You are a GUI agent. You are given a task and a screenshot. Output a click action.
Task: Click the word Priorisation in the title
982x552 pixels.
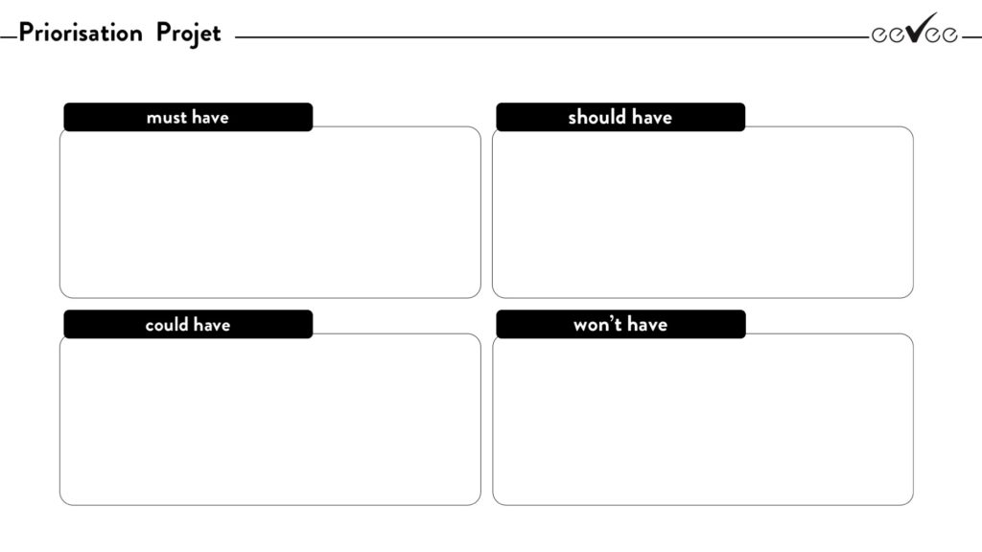point(81,33)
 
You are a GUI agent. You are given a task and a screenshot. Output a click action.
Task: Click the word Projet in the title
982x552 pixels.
point(189,34)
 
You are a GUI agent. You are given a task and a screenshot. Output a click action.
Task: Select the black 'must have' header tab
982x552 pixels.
point(188,117)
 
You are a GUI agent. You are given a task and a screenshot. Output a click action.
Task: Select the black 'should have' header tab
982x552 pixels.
point(620,117)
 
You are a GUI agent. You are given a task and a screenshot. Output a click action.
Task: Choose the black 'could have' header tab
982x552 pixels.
point(188,324)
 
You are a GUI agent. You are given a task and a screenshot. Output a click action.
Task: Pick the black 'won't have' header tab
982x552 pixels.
point(620,324)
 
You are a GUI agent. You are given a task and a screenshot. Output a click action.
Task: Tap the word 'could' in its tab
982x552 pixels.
point(167,324)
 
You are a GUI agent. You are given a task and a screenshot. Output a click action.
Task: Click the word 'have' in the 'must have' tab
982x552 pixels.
point(211,117)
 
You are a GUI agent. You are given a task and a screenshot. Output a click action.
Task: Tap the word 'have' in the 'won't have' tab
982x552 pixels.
point(647,324)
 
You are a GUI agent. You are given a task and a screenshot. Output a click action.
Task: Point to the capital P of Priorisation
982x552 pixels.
point(26,33)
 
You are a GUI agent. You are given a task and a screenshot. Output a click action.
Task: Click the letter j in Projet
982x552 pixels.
point(189,35)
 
